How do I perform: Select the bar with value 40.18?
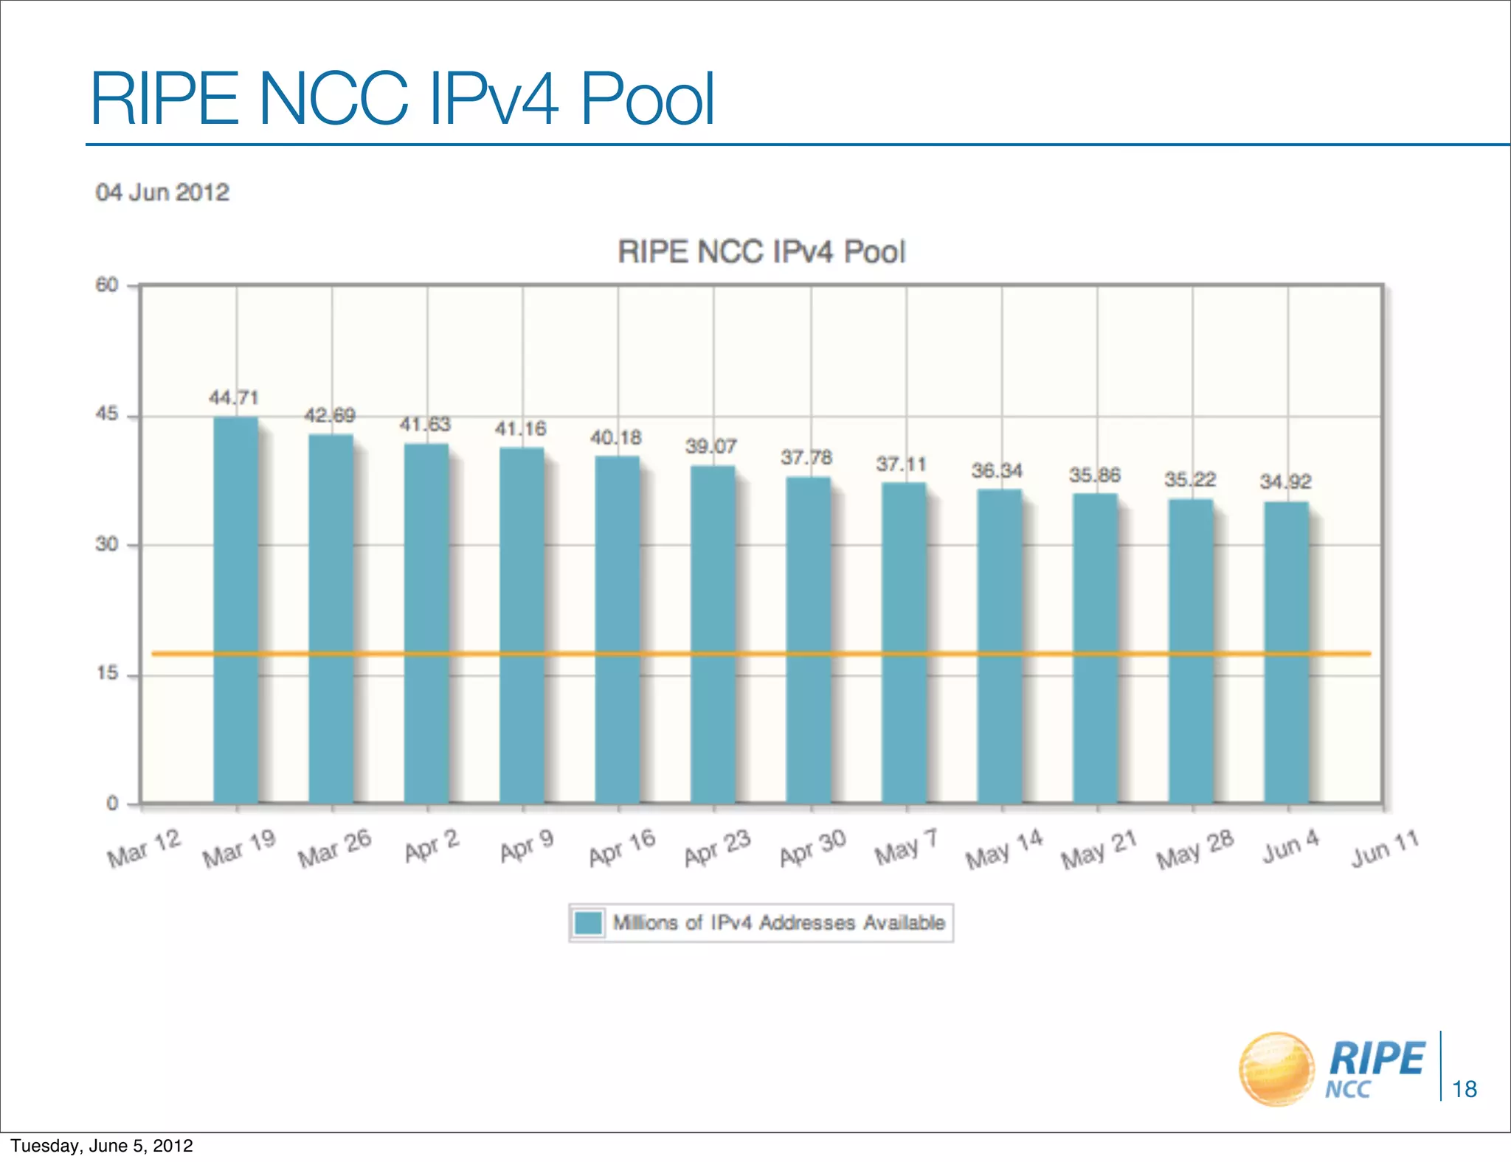click(618, 630)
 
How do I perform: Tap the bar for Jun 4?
click(1286, 653)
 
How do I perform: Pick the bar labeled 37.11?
click(904, 643)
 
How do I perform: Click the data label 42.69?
click(330, 416)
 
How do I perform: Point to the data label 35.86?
click(1095, 476)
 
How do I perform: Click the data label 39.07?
click(710, 447)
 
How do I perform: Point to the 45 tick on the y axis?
click(107, 414)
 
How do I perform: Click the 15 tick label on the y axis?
click(108, 673)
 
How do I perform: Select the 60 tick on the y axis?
click(107, 285)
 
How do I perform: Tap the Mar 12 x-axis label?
click(144, 849)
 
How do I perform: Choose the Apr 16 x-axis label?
click(622, 849)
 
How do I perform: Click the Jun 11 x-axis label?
click(1385, 849)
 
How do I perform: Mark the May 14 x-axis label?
click(1004, 849)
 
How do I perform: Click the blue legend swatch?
click(589, 923)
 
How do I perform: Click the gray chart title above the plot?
click(761, 252)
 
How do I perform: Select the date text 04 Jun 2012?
click(162, 192)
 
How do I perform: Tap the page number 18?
click(1465, 1089)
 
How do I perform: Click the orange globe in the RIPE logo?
click(1276, 1069)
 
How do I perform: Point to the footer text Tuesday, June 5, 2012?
click(102, 1146)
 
